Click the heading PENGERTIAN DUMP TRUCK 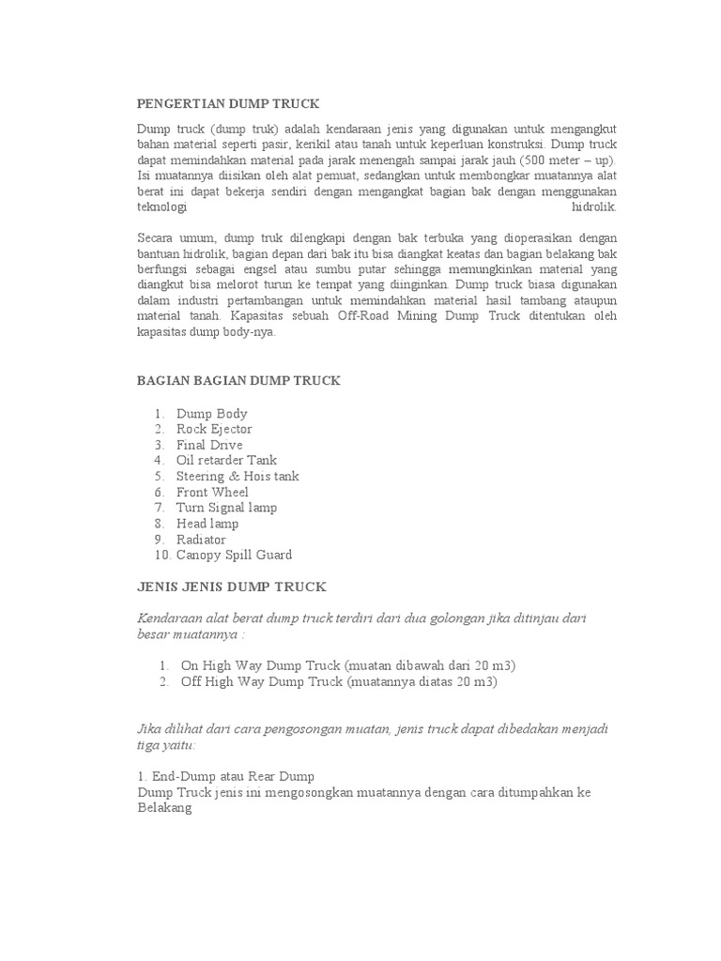click(228, 104)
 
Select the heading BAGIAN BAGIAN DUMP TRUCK click(238, 380)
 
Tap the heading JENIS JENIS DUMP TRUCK click(231, 587)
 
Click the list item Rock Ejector click(214, 429)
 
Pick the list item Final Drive click(209, 445)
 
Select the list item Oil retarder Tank click(226, 460)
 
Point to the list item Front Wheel click(212, 492)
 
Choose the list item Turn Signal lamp click(226, 508)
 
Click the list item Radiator click(201, 540)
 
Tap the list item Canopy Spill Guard click(234, 555)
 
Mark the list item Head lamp click(207, 524)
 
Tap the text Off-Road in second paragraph click(363, 316)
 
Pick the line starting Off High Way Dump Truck click(338, 681)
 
